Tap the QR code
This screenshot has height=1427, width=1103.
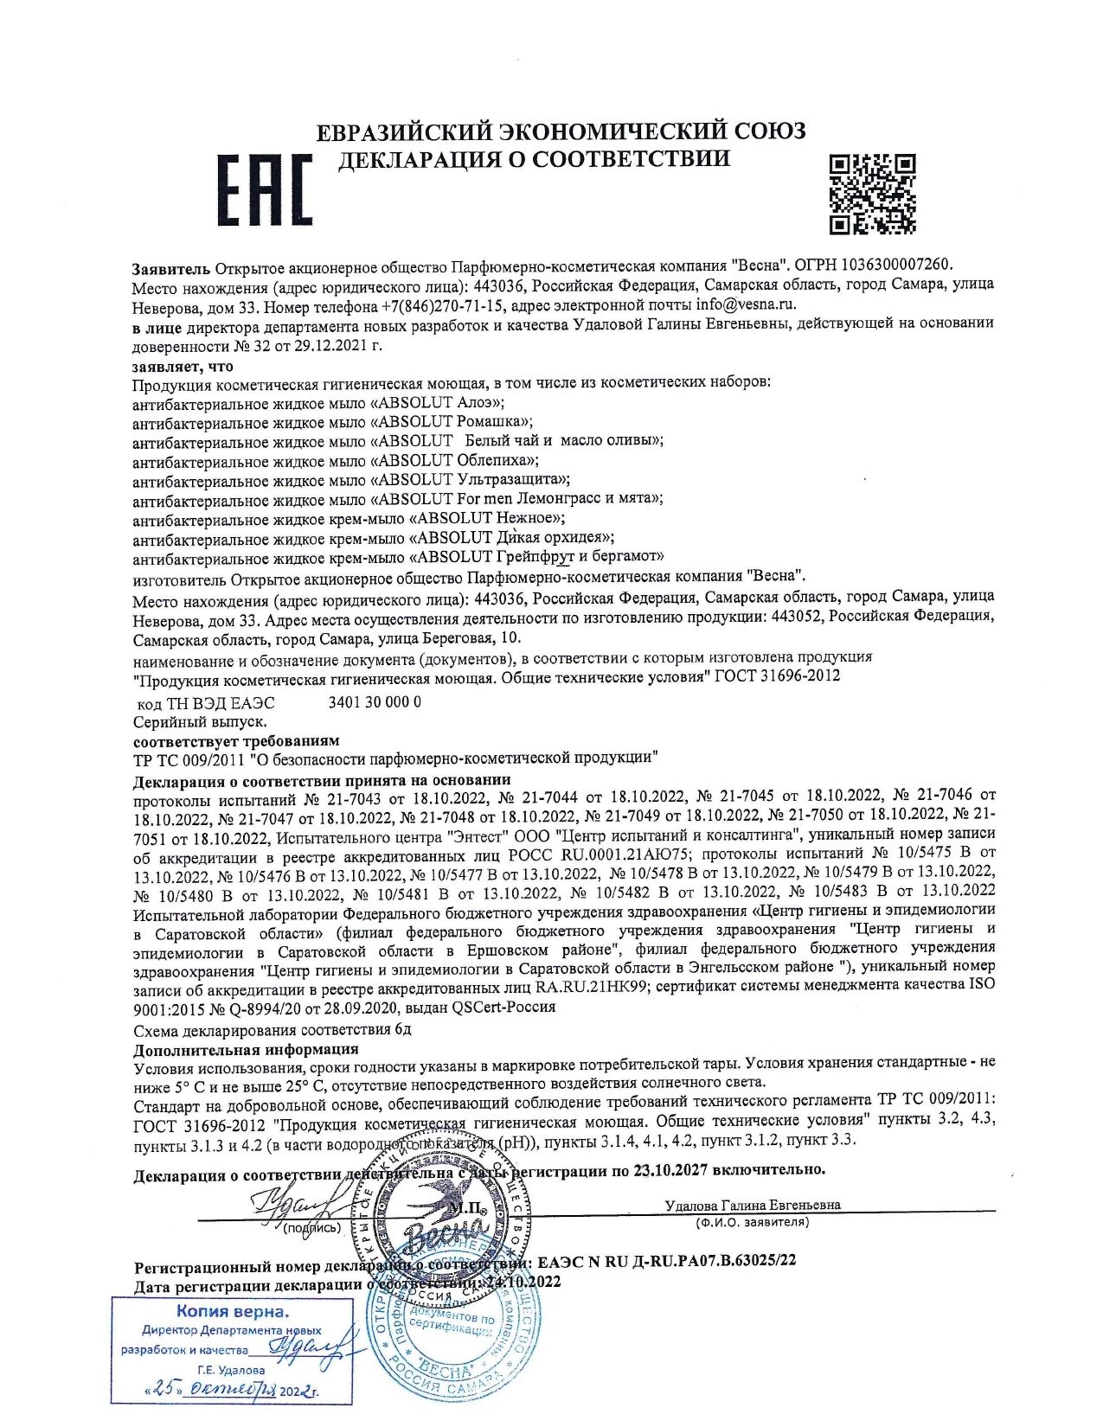pyautogui.click(x=872, y=194)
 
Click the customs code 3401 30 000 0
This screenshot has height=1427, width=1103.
pyautogui.click(x=375, y=702)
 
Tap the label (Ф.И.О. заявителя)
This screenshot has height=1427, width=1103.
pyautogui.click(x=752, y=1222)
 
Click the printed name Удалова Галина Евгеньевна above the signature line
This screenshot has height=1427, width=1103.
pyautogui.click(x=753, y=1205)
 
